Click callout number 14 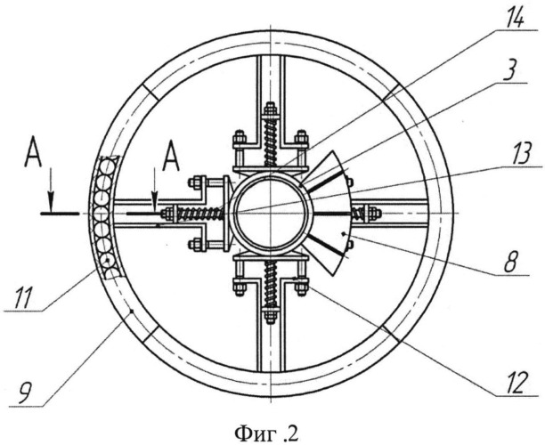pos(514,17)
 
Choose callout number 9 pos(26,392)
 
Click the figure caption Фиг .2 pos(266,433)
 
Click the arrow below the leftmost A pos(51,190)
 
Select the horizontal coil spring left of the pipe pos(200,214)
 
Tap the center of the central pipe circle pos(271,213)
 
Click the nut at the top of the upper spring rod pos(271,109)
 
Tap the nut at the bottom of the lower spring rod pos(271,316)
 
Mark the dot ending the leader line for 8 pos(344,234)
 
